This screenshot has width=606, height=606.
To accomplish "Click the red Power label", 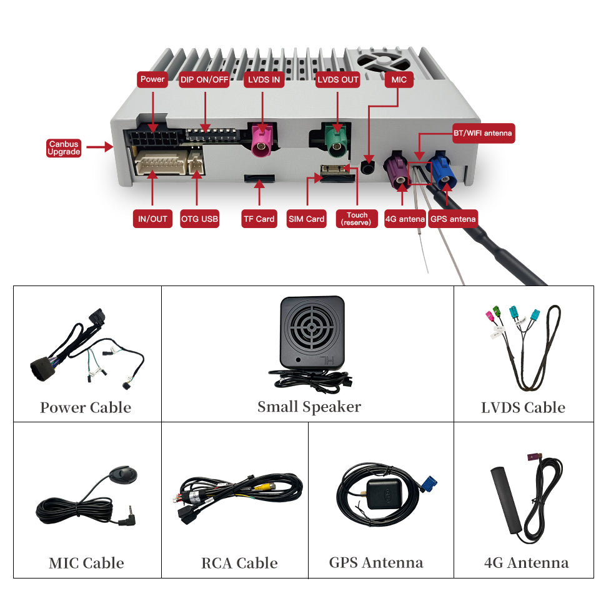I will (152, 79).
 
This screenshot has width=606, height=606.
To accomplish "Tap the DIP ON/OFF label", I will (204, 79).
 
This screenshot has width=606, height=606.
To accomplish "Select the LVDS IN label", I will (263, 79).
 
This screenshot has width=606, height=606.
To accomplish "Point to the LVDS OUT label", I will (338, 79).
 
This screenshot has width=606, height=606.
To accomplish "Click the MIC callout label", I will (399, 79).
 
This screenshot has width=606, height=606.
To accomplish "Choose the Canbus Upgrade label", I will (64, 148).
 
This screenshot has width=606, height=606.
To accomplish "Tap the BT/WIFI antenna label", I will (483, 133).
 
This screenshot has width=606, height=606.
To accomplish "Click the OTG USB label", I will (199, 219).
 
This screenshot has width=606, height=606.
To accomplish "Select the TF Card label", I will (259, 219).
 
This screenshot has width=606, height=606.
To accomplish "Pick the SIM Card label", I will (307, 219).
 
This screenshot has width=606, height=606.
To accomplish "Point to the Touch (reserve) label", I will (357, 219).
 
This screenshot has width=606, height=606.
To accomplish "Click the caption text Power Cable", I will (86, 408).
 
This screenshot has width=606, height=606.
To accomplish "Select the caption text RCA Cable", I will (239, 563).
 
